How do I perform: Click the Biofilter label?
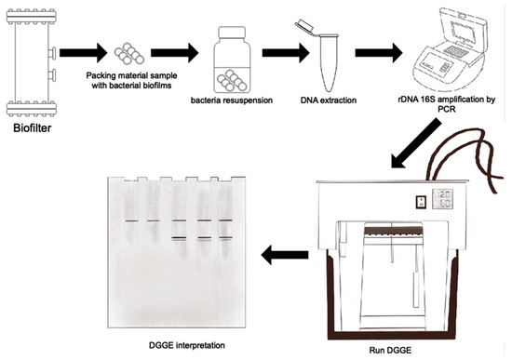coord(32,128)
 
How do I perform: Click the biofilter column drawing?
coord(32,62)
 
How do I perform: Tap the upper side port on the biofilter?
coord(52,53)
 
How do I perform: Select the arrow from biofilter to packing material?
coord(83,53)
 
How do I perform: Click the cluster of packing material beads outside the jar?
coord(129,54)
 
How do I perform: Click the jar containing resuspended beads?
coord(232,60)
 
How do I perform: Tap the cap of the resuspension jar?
coord(232,32)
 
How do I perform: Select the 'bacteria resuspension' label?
coord(232,100)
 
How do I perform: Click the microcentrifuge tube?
coord(322,56)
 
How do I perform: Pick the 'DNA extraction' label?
coord(329,100)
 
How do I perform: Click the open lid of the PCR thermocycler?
coord(464,30)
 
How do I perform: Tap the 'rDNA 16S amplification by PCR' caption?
coord(446,104)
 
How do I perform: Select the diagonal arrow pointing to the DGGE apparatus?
coord(416,143)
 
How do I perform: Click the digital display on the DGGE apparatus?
coord(442,199)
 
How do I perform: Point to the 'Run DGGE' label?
coord(390,351)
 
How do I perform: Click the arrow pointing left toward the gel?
coord(285,255)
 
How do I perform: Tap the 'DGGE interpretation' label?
coord(187,345)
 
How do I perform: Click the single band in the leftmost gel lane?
coord(131,221)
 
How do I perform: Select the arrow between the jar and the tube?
coord(286,53)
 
